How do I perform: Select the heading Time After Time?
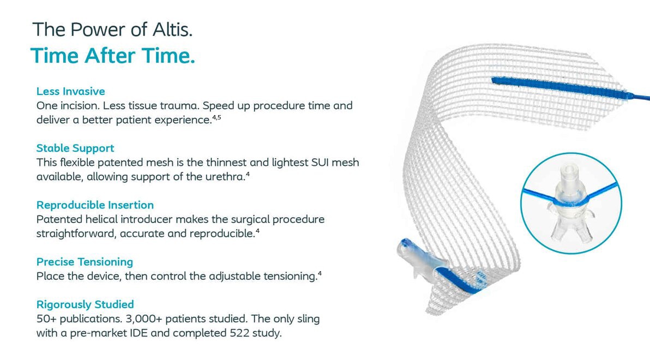[112, 56]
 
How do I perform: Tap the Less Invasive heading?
[70, 91]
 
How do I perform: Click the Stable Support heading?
[75, 148]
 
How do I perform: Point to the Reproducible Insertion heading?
[95, 205]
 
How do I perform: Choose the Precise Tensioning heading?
[85, 262]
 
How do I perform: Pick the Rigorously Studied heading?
[85, 304]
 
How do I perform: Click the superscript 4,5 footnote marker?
[217, 117]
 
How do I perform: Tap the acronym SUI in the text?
[320, 162]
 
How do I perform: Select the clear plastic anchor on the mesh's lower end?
[419, 259]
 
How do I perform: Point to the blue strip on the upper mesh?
[559, 88]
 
